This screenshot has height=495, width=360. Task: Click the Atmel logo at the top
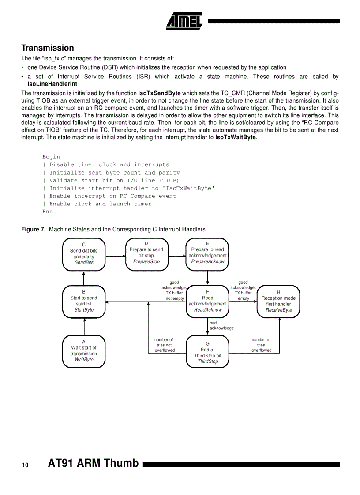pos(184,21)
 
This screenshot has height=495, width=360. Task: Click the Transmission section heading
pos(48,48)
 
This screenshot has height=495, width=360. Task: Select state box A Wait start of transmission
pos(84,351)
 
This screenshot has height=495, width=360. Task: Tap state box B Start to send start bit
pos(84,301)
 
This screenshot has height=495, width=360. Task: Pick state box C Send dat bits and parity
pos(84,254)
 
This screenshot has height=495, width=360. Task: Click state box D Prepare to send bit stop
pos(146,253)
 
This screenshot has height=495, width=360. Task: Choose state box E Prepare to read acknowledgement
pos(207,253)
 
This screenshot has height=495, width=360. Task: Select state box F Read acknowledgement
pos(207,301)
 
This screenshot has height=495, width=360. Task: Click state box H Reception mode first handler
pos(278,301)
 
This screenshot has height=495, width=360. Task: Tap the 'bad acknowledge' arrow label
pos(221,325)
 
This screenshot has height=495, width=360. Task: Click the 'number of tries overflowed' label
pos(261,345)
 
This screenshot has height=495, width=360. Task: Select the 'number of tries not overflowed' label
pos(164,345)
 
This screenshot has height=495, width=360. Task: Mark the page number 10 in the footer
pos(25,465)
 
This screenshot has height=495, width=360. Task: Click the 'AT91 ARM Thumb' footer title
pos(93,464)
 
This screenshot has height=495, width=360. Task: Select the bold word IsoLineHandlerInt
pos(52,83)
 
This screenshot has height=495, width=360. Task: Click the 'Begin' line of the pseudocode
pos(51,157)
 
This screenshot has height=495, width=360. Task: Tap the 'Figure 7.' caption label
pos(34,229)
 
